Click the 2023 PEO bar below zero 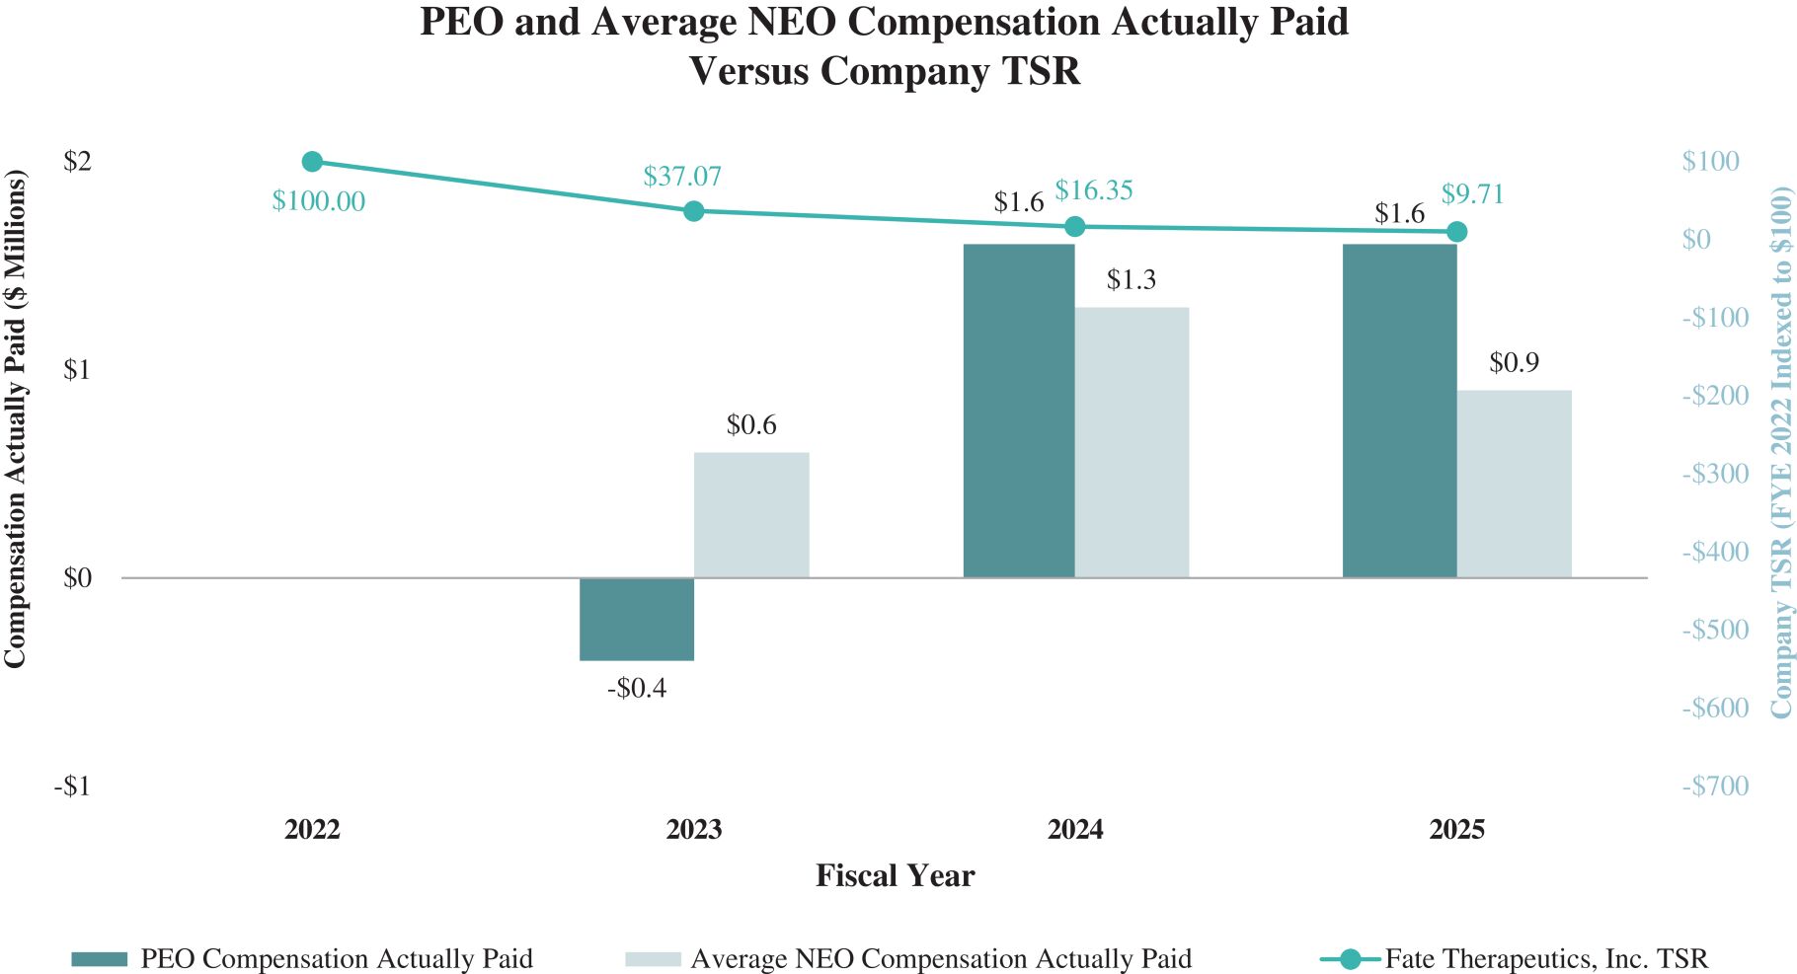(637, 619)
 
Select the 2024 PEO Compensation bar (1019, 411)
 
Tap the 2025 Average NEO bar (1514, 484)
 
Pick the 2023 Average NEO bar (751, 515)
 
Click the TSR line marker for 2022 (313, 162)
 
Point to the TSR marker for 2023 (694, 211)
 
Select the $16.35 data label (1094, 190)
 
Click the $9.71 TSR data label (1472, 194)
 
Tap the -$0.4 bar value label (637, 688)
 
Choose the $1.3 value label (1131, 280)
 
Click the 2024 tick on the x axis (1075, 829)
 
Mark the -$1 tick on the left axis (72, 787)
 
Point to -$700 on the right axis (1715, 787)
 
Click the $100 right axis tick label (1710, 161)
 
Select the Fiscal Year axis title (895, 876)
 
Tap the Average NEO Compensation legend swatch (653, 959)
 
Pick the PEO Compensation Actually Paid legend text (336, 958)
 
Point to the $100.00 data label (319, 201)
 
